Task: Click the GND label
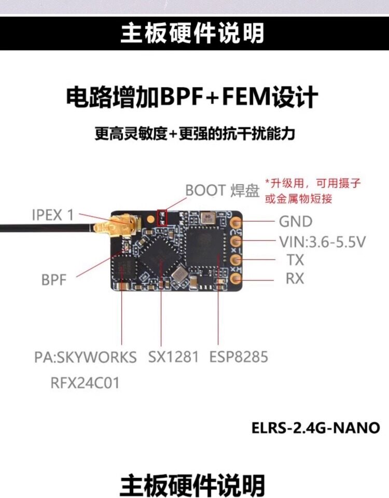[296, 222]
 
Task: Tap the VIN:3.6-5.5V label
[323, 241]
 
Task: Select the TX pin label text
[295, 260]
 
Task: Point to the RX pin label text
[295, 279]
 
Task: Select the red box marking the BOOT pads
[161, 217]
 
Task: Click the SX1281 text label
[173, 357]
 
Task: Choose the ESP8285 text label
[239, 357]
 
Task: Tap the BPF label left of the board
[54, 280]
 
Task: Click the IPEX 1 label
[53, 215]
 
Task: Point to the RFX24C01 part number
[85, 383]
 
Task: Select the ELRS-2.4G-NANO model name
[315, 428]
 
